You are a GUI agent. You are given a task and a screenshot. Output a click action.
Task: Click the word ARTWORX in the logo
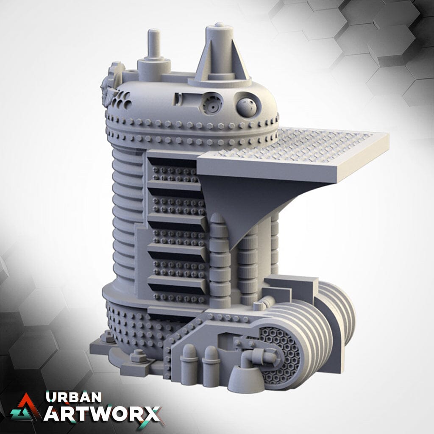[102, 414]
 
